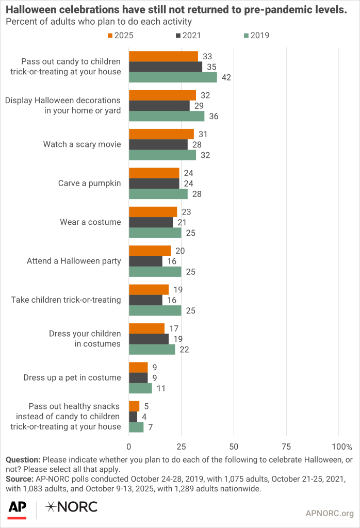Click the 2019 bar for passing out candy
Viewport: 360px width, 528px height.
[x=173, y=77]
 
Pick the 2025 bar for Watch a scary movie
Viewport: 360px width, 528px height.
[x=161, y=134]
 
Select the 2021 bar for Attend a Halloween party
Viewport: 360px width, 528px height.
[x=145, y=261]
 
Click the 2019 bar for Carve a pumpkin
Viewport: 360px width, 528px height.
[x=158, y=194]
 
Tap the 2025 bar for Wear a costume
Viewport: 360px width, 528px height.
[x=153, y=212]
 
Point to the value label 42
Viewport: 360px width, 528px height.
[x=225, y=77]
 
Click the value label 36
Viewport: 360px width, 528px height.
[x=213, y=116]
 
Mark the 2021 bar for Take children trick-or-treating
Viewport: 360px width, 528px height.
[x=145, y=300]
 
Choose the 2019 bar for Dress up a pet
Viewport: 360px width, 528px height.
[x=140, y=388]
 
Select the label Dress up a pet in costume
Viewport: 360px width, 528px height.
[x=72, y=377]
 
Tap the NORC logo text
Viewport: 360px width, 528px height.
[x=72, y=507]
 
